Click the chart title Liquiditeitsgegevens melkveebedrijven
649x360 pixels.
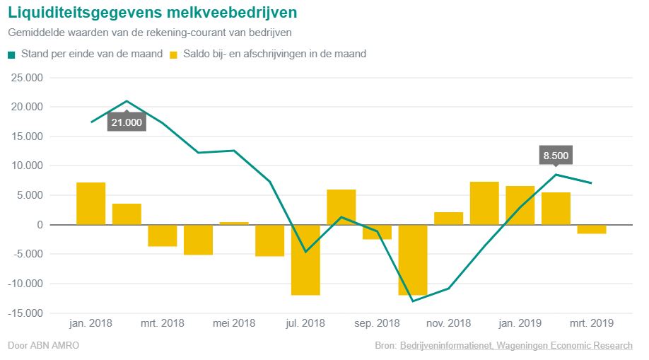(x=152, y=13)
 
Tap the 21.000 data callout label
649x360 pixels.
(x=127, y=122)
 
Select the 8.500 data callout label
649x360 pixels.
(x=556, y=156)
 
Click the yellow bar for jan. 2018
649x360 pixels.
(x=91, y=204)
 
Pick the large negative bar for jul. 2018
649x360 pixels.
(x=305, y=260)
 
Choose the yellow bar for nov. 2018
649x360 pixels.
(x=448, y=219)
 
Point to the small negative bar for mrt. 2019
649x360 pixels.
(x=592, y=229)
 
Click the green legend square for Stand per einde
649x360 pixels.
(x=12, y=54)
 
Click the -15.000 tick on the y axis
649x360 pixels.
(x=26, y=313)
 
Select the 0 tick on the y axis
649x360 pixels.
(x=39, y=225)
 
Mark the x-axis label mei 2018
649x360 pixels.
(x=233, y=323)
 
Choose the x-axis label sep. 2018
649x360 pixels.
(x=377, y=323)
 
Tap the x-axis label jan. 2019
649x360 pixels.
(x=520, y=323)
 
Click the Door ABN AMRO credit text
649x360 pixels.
(x=43, y=346)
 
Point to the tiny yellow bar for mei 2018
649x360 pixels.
(x=234, y=223)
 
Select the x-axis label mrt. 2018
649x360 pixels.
(x=162, y=323)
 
